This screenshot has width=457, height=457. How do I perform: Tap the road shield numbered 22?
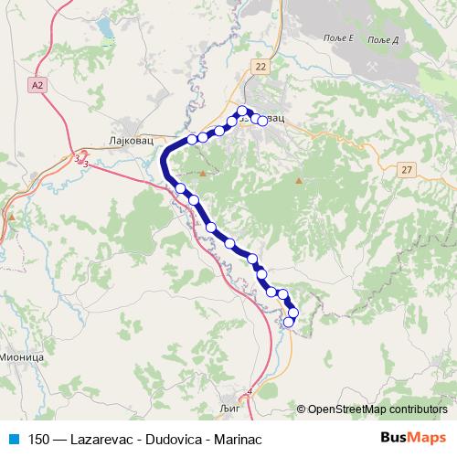[x=263, y=67]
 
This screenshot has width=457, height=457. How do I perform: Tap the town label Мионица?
[x=21, y=357]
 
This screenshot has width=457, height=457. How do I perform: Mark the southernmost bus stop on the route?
[x=290, y=321]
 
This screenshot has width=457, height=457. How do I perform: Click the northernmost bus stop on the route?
[x=242, y=112]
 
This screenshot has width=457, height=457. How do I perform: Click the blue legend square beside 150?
[x=13, y=437]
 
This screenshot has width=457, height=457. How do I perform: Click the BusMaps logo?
[x=414, y=437]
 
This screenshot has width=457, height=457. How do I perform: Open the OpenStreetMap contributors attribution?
[x=375, y=409]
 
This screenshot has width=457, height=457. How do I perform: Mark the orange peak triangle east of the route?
[x=298, y=181]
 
